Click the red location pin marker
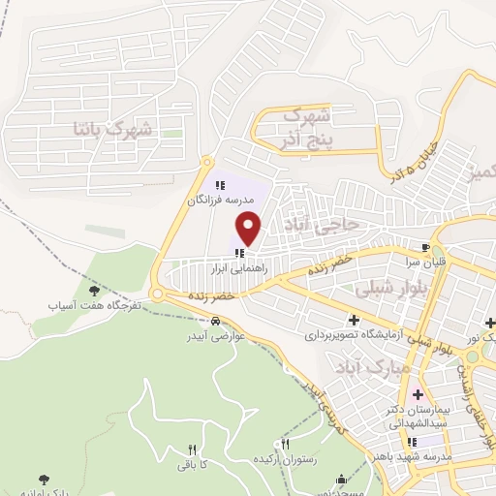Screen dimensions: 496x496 250,229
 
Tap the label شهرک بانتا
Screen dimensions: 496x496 113,127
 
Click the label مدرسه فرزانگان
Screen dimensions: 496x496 218,200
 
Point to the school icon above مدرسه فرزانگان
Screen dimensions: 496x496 218,185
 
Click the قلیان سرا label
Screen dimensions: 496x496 411,262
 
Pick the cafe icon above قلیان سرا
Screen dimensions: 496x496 424,248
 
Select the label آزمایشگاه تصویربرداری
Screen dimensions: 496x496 353,334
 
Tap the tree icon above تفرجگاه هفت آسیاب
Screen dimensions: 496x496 94,290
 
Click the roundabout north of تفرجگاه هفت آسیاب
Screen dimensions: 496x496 156,294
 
